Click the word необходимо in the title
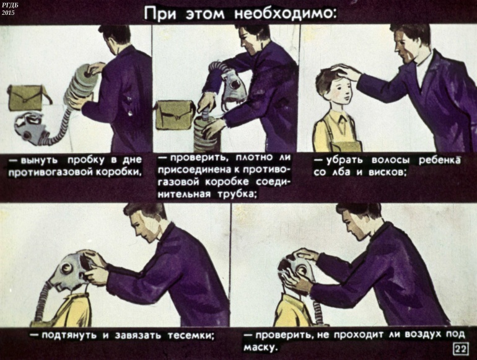click(286, 13)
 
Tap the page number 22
click(460, 349)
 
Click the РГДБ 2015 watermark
click(7, 9)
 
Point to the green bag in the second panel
click(175, 115)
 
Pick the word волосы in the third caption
click(391, 160)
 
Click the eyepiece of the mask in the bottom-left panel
click(66, 268)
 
